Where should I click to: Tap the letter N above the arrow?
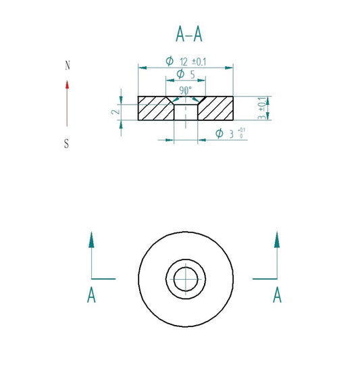[x=66, y=66]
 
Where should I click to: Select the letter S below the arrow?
[x=66, y=143]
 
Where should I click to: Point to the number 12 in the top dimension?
[x=184, y=61]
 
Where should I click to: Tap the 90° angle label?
[x=185, y=90]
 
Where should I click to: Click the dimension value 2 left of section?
[x=115, y=111]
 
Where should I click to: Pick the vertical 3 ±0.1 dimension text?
[x=262, y=107]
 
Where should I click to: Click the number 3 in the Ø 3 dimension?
[x=231, y=134]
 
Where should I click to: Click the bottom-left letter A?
[x=91, y=295]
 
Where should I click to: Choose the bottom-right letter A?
[x=276, y=295]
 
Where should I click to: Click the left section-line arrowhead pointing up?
[x=91, y=239]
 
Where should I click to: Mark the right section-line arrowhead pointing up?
[x=276, y=239]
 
